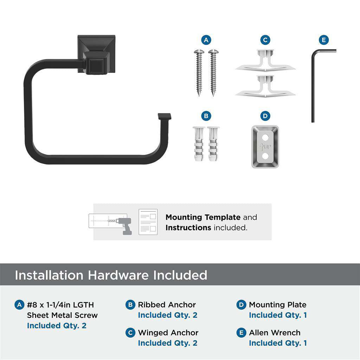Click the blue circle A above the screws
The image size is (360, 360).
(x=206, y=40)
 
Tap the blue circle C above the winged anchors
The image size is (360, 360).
(x=265, y=40)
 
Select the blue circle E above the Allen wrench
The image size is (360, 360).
(x=324, y=40)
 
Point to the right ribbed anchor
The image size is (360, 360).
(x=213, y=144)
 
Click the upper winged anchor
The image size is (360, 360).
(x=265, y=60)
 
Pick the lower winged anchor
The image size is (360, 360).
(x=265, y=86)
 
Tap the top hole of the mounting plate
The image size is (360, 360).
(x=265, y=138)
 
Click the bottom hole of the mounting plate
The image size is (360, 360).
(x=265, y=156)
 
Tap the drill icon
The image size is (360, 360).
(x=124, y=225)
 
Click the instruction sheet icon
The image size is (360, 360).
(x=148, y=222)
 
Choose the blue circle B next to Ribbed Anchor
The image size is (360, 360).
(x=130, y=305)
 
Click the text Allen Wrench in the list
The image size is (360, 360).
(x=275, y=333)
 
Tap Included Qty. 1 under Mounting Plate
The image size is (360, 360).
(x=278, y=315)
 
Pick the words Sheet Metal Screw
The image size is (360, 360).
(x=62, y=315)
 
